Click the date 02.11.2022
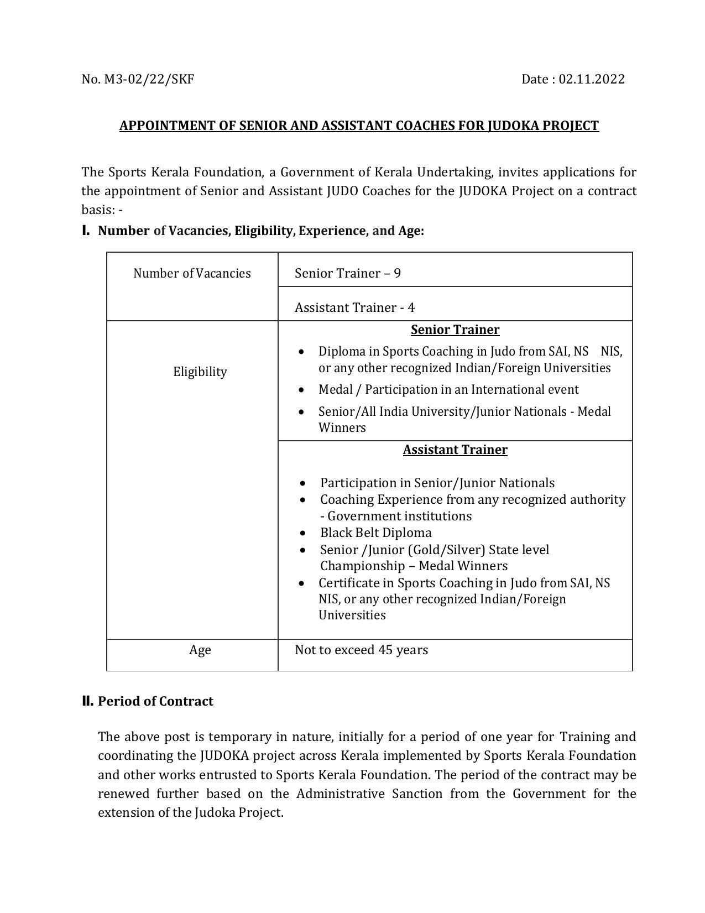[592, 79]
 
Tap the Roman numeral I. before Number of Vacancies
[86, 231]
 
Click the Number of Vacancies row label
[192, 273]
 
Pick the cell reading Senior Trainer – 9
[347, 273]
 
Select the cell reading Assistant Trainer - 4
[354, 307]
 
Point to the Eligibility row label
[200, 372]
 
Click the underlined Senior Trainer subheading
[455, 330]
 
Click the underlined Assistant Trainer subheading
[455, 450]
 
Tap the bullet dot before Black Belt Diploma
[302, 533]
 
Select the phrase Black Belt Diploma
[375, 533]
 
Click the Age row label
[200, 650]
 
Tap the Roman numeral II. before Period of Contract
[87, 701]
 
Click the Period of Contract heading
[155, 701]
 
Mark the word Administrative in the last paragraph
[340, 794]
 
